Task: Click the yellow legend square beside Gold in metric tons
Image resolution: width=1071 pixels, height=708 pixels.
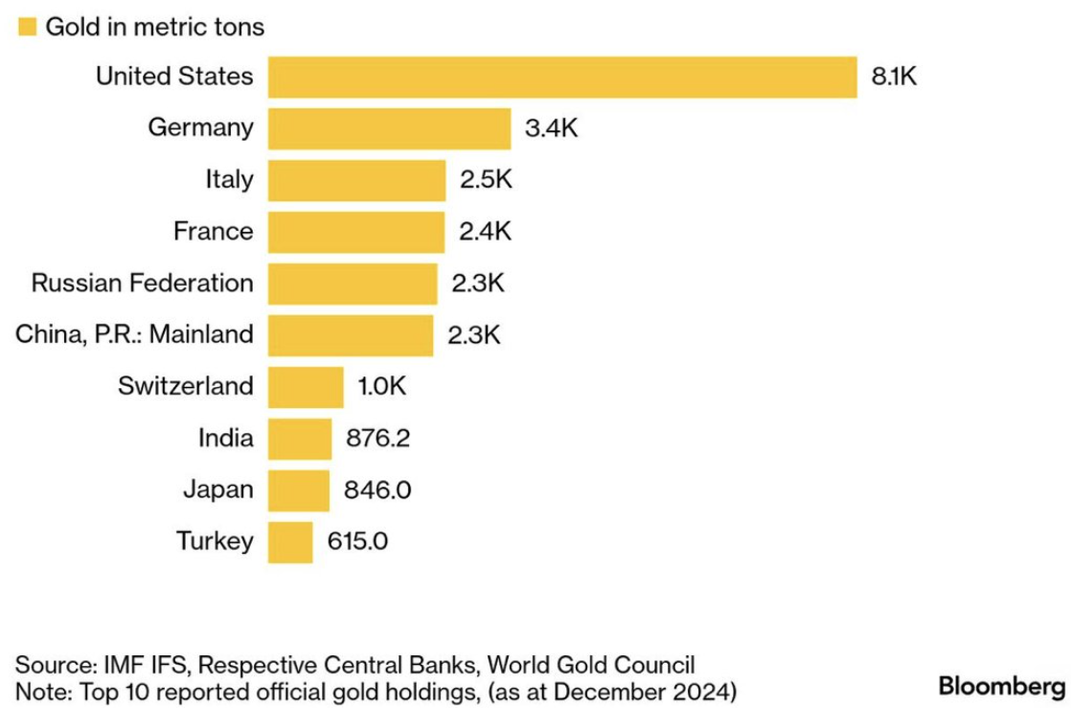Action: (26, 26)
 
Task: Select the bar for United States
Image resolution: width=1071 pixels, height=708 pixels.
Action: (561, 77)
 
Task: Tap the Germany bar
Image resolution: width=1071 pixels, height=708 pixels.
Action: (389, 128)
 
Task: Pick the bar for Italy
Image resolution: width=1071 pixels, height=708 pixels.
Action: (356, 180)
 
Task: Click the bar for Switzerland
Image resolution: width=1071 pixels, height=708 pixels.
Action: (306, 387)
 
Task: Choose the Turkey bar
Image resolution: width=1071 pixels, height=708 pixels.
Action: (290, 542)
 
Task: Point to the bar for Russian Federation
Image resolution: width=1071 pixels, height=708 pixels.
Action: (353, 284)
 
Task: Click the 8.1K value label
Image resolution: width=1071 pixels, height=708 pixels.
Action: (894, 77)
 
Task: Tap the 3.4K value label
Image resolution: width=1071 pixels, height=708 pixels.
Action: (552, 128)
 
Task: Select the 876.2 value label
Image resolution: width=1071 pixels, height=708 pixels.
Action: (377, 439)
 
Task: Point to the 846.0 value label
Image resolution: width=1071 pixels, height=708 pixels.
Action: (377, 491)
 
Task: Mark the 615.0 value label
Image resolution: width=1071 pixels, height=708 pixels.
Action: (357, 542)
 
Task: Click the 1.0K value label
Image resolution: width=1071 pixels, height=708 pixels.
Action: (383, 387)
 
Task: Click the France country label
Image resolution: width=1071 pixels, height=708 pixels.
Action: (214, 231)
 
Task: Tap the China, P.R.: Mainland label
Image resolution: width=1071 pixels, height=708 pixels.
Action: (135, 334)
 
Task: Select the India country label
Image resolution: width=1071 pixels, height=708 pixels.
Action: (226, 439)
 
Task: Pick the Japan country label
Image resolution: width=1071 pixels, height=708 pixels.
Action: (218, 490)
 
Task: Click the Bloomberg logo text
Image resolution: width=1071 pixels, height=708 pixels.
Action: (1001, 687)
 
